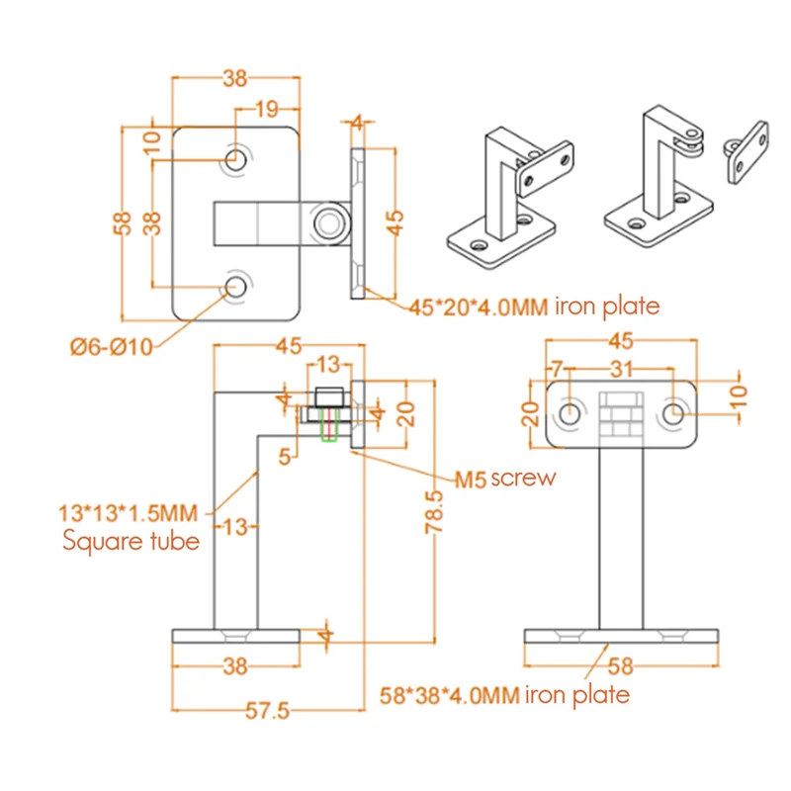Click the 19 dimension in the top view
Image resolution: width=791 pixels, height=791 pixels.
[x=266, y=109]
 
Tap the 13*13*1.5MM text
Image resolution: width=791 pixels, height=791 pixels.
[x=129, y=512]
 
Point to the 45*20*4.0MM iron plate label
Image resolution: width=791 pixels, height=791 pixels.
[x=533, y=306]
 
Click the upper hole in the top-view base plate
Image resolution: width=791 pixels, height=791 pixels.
[x=236, y=159]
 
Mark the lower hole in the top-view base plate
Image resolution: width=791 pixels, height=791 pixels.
[x=236, y=287]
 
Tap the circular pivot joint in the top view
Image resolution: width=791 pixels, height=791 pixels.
[x=325, y=222]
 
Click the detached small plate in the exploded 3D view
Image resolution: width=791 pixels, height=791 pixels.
[x=748, y=150]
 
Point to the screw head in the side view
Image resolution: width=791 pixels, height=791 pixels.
[x=327, y=397]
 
